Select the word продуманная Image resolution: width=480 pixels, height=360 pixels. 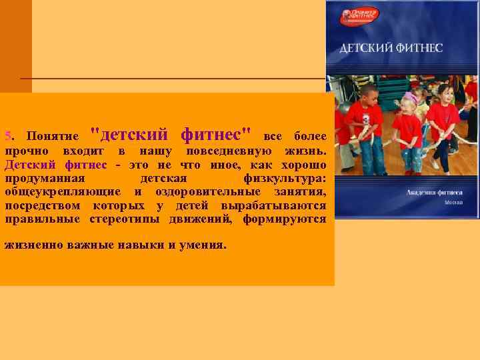pos(45,179)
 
